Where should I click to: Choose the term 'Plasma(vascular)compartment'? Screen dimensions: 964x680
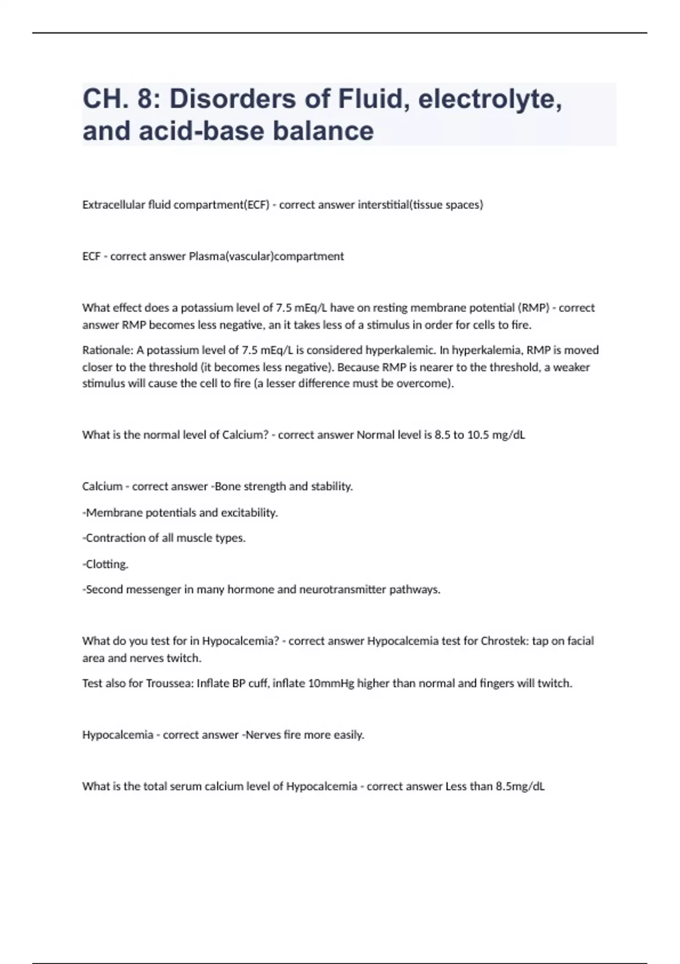(x=266, y=256)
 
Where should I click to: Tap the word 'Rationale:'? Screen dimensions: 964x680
(x=107, y=350)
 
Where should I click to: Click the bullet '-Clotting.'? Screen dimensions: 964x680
(x=105, y=564)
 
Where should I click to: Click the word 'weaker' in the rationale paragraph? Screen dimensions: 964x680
(x=572, y=367)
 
